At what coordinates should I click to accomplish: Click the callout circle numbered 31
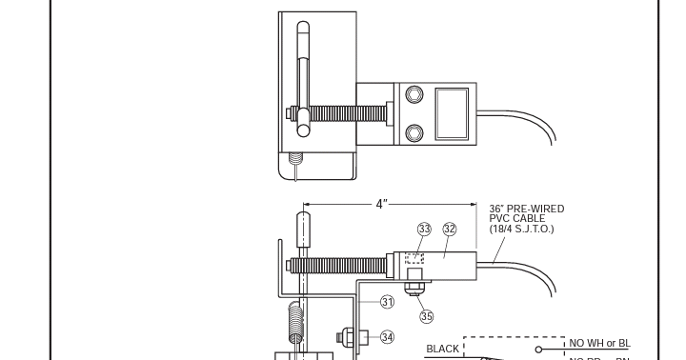click(x=388, y=302)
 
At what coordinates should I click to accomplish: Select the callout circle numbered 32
click(x=450, y=230)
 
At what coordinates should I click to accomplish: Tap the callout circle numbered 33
click(x=424, y=230)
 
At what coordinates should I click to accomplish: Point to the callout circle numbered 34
click(x=387, y=335)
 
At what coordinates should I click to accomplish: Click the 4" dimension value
click(x=380, y=205)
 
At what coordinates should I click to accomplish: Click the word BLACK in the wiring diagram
click(x=443, y=349)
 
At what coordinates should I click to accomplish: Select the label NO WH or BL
click(x=600, y=343)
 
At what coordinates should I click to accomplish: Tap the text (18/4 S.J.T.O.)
click(x=529, y=230)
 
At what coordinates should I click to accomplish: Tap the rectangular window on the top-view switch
click(x=452, y=112)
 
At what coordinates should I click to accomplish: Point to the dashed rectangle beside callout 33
click(x=414, y=257)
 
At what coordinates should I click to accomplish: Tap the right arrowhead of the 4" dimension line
click(x=473, y=205)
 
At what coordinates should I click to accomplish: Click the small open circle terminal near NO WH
click(x=552, y=349)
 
